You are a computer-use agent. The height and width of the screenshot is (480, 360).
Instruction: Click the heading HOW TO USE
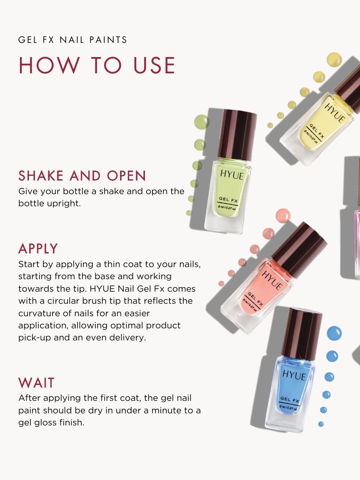tap(97, 65)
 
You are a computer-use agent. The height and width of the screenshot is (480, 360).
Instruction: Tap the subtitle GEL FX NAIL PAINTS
tap(73, 40)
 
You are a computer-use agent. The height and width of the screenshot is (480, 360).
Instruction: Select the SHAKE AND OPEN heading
tap(82, 176)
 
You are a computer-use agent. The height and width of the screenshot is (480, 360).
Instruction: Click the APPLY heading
tap(38, 249)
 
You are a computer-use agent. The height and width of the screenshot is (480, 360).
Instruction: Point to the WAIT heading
tap(37, 382)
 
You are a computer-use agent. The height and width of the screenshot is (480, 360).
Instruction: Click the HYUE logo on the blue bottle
tap(294, 374)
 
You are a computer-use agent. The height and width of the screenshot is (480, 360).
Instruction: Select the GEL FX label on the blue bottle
tap(290, 400)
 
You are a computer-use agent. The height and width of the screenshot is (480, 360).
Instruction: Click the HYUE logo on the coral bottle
tap(272, 280)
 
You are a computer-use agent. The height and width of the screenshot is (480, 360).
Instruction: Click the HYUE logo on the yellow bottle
tap(334, 112)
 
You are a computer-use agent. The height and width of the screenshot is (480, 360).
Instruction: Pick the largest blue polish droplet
tap(334, 333)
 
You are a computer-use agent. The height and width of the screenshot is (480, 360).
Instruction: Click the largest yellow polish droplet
tap(334, 59)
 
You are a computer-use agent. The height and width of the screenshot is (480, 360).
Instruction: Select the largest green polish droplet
tap(202, 122)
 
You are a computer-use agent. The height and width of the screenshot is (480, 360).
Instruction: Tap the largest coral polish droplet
tap(283, 215)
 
